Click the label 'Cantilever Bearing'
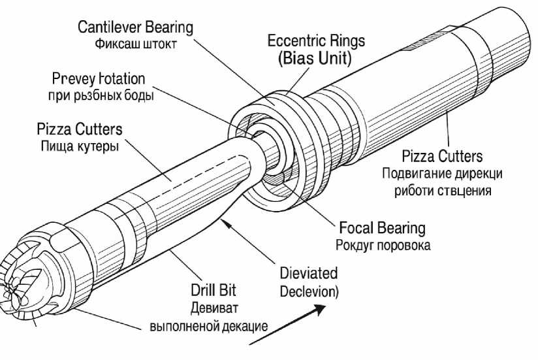pyautogui.click(x=135, y=27)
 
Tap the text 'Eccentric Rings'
pyautogui.click(x=316, y=41)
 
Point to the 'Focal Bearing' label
pyautogui.click(x=382, y=228)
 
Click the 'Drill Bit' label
pyautogui.click(x=214, y=290)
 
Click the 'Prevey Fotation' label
pyautogui.click(x=98, y=79)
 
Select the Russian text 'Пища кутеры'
pyautogui.click(x=79, y=146)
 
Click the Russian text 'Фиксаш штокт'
pyautogui.click(x=135, y=46)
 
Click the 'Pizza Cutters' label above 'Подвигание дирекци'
pyautogui.click(x=442, y=156)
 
